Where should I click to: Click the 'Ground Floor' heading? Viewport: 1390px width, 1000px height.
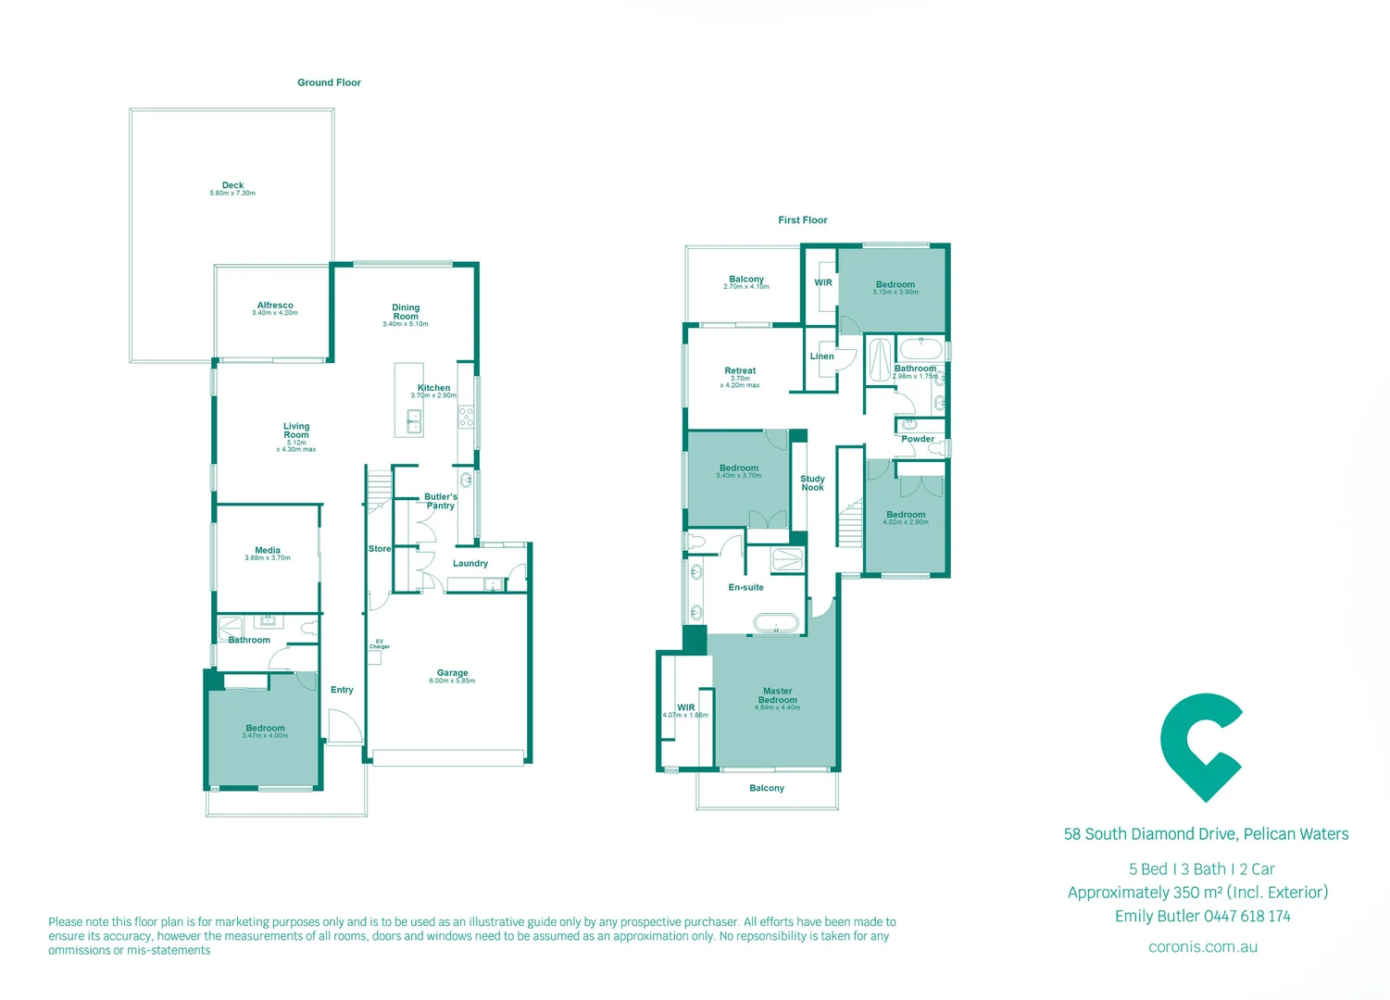coord(329,82)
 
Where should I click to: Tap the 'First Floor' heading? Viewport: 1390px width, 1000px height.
coord(802,220)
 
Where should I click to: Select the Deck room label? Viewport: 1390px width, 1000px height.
coord(232,185)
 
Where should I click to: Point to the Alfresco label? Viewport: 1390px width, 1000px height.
coord(275,306)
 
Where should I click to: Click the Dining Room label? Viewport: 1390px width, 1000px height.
coord(406,312)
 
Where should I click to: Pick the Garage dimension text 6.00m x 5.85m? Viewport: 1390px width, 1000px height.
coord(452,681)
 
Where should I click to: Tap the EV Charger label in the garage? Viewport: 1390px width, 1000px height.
coord(379,644)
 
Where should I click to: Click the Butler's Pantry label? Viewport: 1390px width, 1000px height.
coord(441,501)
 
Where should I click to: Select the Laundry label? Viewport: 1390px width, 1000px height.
coord(470,563)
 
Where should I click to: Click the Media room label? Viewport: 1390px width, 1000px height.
coord(268,550)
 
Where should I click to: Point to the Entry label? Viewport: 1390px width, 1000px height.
coord(342,690)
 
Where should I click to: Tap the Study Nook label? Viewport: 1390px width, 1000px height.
coord(812,483)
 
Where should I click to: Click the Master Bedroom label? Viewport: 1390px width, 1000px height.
coord(778,695)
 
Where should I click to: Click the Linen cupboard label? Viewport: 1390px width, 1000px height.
coord(821,356)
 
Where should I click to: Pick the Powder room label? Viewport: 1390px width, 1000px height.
coord(918,439)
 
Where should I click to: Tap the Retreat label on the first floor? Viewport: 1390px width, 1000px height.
coord(740,370)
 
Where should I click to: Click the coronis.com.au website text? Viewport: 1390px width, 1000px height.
coord(1202,947)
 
